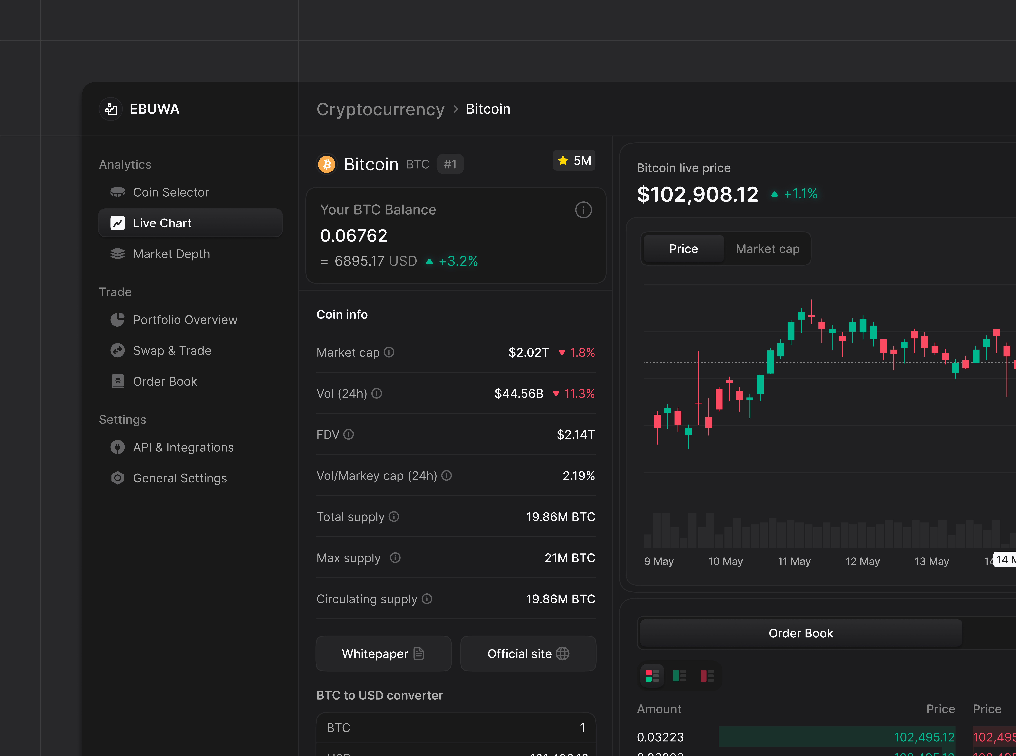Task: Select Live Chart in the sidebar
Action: [162, 223]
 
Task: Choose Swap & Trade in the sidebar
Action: [172, 351]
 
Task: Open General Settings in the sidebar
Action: [180, 478]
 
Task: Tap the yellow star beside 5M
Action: [563, 161]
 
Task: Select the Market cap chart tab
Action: [767, 249]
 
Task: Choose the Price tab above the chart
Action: [683, 249]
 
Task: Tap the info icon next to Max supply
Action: [395, 558]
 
